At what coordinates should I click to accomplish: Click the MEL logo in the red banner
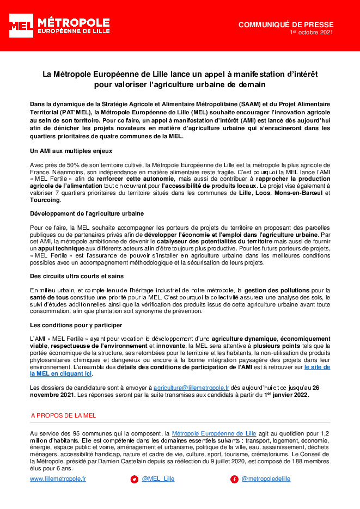point(21,26)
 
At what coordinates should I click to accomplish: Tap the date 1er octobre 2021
point(311,33)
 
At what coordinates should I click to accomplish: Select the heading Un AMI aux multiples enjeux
point(71,150)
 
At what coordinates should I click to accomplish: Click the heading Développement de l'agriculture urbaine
point(87,213)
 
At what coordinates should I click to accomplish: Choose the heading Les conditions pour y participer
point(76,325)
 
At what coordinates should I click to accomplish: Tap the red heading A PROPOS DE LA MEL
point(63,415)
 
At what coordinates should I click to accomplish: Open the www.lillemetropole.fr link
point(58,479)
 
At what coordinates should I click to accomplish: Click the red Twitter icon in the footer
point(134,479)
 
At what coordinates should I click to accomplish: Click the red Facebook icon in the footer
point(234,479)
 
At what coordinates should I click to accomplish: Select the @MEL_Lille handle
point(158,479)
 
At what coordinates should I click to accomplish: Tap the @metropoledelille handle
point(266,479)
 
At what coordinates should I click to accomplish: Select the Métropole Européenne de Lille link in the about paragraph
point(214,433)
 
